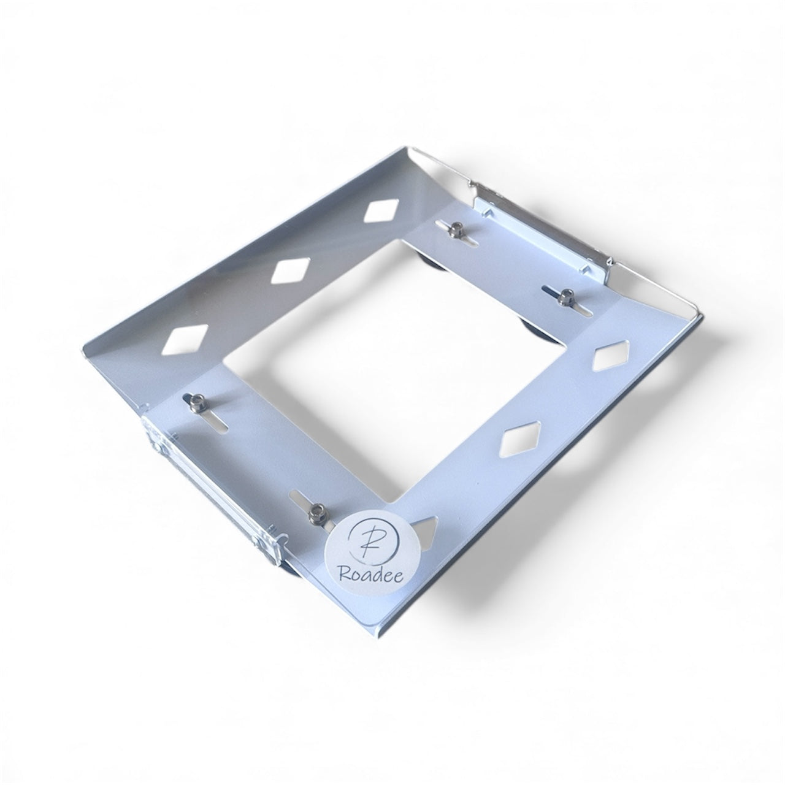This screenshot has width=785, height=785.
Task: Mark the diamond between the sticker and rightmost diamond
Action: pyautogui.click(x=521, y=439)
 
